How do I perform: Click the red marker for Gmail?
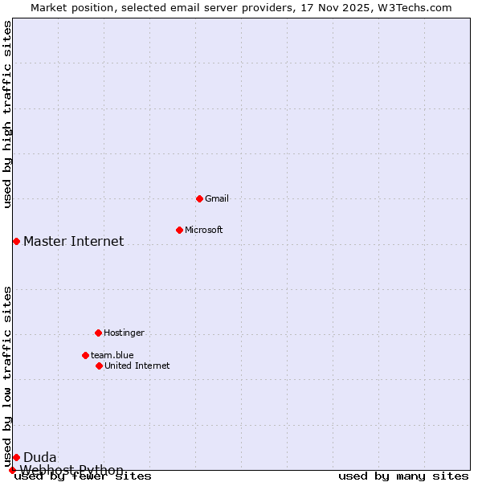point(199,198)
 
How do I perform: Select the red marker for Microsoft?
point(179,230)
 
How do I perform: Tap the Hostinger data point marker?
point(98,333)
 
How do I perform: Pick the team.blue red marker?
point(85,355)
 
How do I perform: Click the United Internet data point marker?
point(99,366)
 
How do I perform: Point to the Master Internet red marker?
point(16,241)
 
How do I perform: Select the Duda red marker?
point(16,457)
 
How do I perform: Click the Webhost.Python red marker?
point(12,470)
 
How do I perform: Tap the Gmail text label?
point(217,198)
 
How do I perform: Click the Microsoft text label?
point(204,230)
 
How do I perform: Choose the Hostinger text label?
point(124,333)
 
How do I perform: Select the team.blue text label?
point(112,355)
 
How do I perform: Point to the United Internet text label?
point(137,366)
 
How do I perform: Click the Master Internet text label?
point(73,241)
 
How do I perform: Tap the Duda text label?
point(39,457)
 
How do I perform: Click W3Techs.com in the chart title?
point(414,7)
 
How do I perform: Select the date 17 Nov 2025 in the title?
point(333,7)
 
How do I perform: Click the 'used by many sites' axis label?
point(403,476)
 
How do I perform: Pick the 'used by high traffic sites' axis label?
point(7,114)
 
